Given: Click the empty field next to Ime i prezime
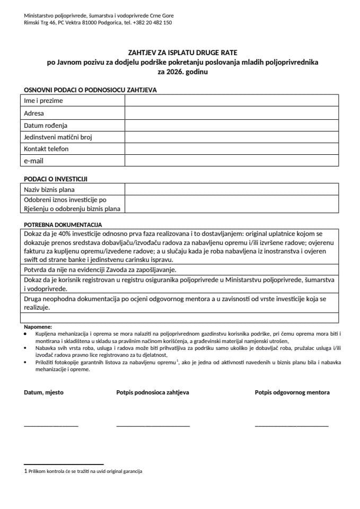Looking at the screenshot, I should tap(231, 101).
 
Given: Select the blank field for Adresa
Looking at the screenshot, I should tap(231, 113).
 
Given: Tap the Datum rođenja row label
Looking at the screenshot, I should tap(46, 125).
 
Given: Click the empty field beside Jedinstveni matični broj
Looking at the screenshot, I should tap(231, 137).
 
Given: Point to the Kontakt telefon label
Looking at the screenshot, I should tap(46, 149).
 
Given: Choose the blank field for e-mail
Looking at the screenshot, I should tap(231, 161).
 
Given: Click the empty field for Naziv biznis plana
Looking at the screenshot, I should tap(231, 189).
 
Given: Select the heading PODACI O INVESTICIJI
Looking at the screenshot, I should tap(55, 179).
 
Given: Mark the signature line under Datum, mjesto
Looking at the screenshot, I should tap(51, 426).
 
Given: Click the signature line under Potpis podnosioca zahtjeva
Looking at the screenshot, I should tap(153, 426).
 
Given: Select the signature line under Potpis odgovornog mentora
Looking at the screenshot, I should tap(291, 426).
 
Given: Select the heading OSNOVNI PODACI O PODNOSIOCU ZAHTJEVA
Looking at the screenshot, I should tap(90, 91).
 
